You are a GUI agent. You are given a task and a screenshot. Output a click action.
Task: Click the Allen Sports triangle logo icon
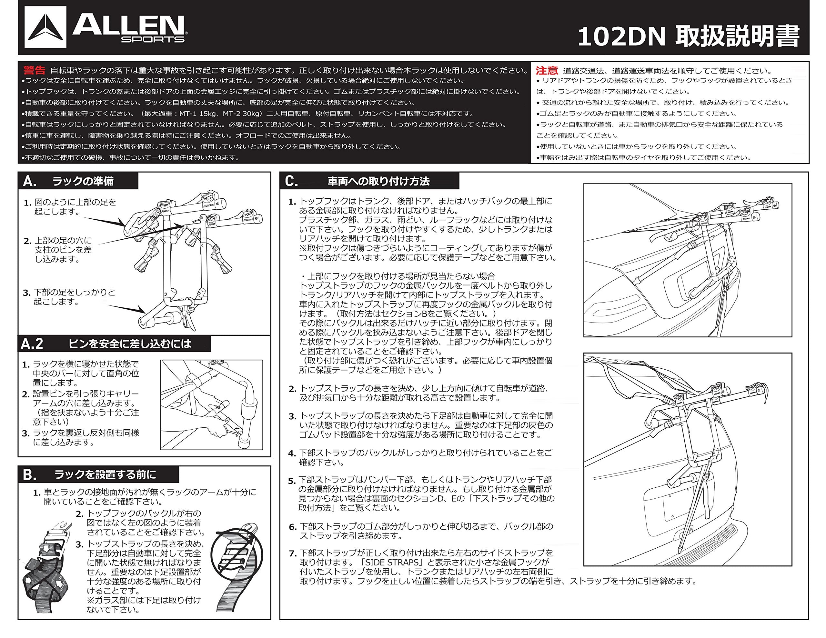[x=45, y=27]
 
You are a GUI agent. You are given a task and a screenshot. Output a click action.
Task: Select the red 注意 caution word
[x=547, y=71]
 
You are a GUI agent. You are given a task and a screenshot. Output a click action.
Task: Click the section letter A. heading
[x=30, y=182]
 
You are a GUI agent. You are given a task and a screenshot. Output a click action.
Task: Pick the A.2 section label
[x=32, y=344]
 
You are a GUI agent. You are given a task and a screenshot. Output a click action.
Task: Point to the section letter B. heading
[x=30, y=475]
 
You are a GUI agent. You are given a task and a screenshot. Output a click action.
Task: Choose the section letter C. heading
[x=292, y=182]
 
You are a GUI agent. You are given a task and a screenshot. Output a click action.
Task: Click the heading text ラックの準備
[x=83, y=182]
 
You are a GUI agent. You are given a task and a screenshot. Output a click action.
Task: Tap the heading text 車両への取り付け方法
[x=378, y=182]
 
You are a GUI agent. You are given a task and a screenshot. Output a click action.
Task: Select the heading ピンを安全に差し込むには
[x=130, y=344]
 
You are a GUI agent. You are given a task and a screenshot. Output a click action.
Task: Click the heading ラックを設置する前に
[x=105, y=474]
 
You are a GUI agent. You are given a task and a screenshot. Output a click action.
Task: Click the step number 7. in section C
[x=293, y=554]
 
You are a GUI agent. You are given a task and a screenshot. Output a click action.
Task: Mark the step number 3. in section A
[x=26, y=293]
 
